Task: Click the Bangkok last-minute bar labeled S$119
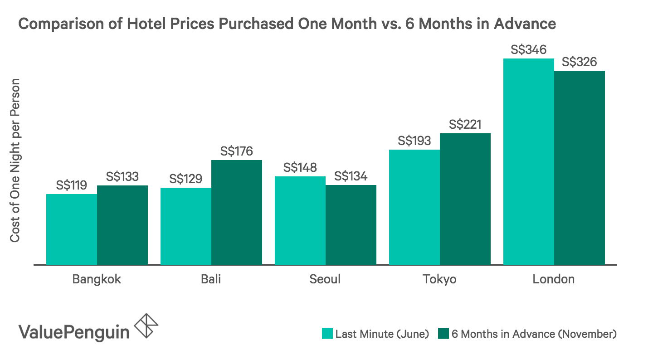(x=72, y=229)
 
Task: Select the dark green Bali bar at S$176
(x=237, y=212)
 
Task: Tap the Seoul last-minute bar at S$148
(x=300, y=220)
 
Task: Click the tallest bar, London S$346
(x=529, y=161)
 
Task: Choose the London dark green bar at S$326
(x=580, y=167)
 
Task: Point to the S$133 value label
(x=122, y=177)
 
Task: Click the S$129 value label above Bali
(x=186, y=179)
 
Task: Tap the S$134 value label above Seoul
(x=351, y=176)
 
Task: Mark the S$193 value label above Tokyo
(x=414, y=141)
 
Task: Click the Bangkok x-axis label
(x=97, y=279)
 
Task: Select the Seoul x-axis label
(x=325, y=279)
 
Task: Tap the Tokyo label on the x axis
(x=439, y=279)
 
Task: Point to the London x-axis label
(x=554, y=279)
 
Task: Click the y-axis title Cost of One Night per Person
(x=15, y=161)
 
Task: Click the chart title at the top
(x=287, y=24)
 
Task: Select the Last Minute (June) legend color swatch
(x=327, y=334)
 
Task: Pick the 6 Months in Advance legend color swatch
(x=443, y=334)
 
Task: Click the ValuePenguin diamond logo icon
(x=147, y=325)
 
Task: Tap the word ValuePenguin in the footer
(x=73, y=331)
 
